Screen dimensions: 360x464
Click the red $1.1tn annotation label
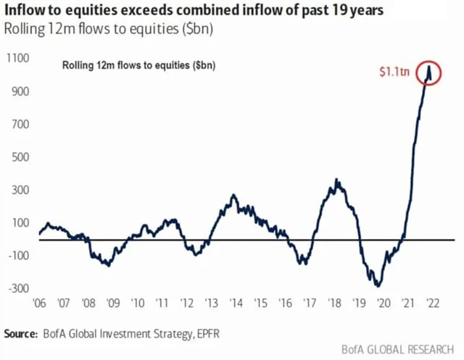[x=396, y=73]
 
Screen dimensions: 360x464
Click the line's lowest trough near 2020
[x=378, y=285]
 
